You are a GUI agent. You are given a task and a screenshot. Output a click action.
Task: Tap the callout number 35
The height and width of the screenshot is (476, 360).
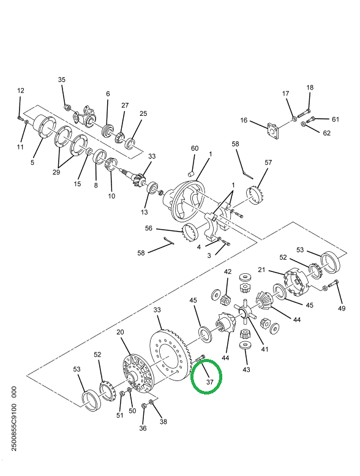[62, 80]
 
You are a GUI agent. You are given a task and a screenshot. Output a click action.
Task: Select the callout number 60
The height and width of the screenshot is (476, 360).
[195, 149]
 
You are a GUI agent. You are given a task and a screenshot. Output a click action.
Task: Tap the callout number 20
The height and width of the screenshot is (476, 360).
[121, 332]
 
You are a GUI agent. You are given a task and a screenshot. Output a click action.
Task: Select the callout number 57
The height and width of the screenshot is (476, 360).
[268, 163]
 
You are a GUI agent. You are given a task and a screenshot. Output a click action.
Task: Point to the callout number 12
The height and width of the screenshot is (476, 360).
[20, 91]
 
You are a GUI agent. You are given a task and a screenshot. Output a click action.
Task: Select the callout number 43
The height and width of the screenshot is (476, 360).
[246, 369]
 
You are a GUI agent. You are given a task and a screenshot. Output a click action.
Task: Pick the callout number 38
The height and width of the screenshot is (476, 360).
[163, 421]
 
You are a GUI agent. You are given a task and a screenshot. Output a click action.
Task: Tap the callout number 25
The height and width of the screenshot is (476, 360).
[143, 113]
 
